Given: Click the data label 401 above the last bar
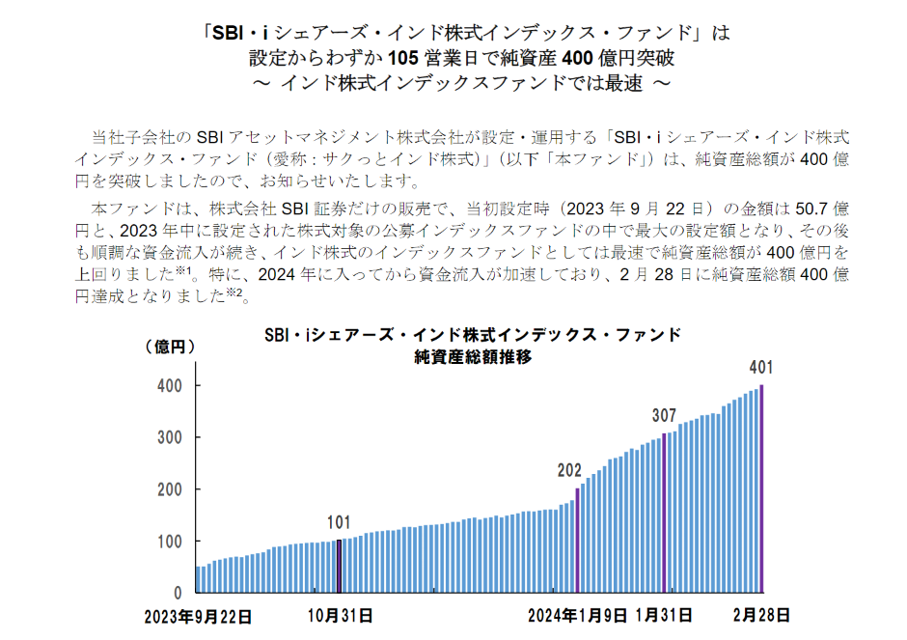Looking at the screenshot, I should (x=761, y=367).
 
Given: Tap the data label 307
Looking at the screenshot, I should (x=664, y=416).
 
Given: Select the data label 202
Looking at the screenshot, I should (x=570, y=470).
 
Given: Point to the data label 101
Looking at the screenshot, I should (x=338, y=522).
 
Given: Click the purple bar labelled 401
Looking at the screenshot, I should (x=762, y=488).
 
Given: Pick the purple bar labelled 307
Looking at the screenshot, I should (x=664, y=513).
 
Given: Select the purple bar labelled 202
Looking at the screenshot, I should (x=577, y=540).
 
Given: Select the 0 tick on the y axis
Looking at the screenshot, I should (x=179, y=593).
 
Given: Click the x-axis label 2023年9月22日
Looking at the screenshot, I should (x=198, y=615).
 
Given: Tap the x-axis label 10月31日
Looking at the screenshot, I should (x=339, y=615).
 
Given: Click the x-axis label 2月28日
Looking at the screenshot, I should (x=761, y=615).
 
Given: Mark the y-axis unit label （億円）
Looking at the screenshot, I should (x=170, y=345).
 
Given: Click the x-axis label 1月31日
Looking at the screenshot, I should (x=666, y=615).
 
